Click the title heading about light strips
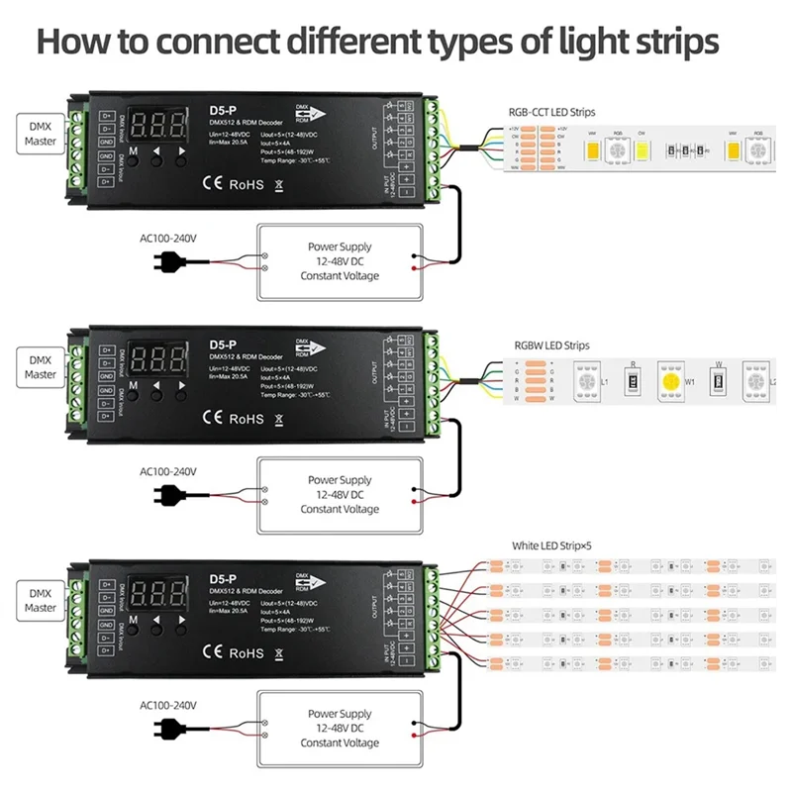pos(378,43)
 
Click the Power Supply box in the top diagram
pos(340,261)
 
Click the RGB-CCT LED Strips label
pos(560,113)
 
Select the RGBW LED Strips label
pos(551,346)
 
